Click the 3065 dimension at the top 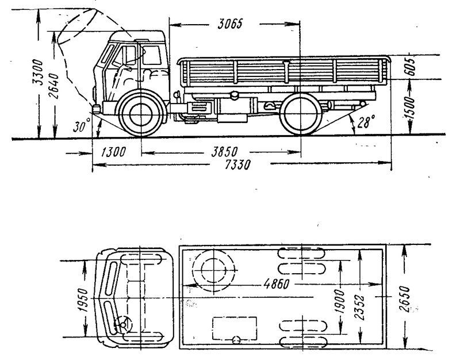click(230, 24)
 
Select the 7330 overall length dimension click(237, 165)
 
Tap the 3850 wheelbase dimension click(225, 152)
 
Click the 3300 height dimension click(37, 72)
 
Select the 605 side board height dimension click(411, 67)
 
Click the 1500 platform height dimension click(411, 108)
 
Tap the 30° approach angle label click(81, 126)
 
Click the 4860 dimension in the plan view click(277, 284)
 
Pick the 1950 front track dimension click(83, 300)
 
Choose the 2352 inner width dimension click(360, 307)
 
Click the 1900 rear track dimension click(340, 301)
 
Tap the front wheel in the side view click(141, 114)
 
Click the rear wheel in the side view click(301, 113)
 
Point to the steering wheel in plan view click(123, 324)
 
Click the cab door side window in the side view click(152, 55)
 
